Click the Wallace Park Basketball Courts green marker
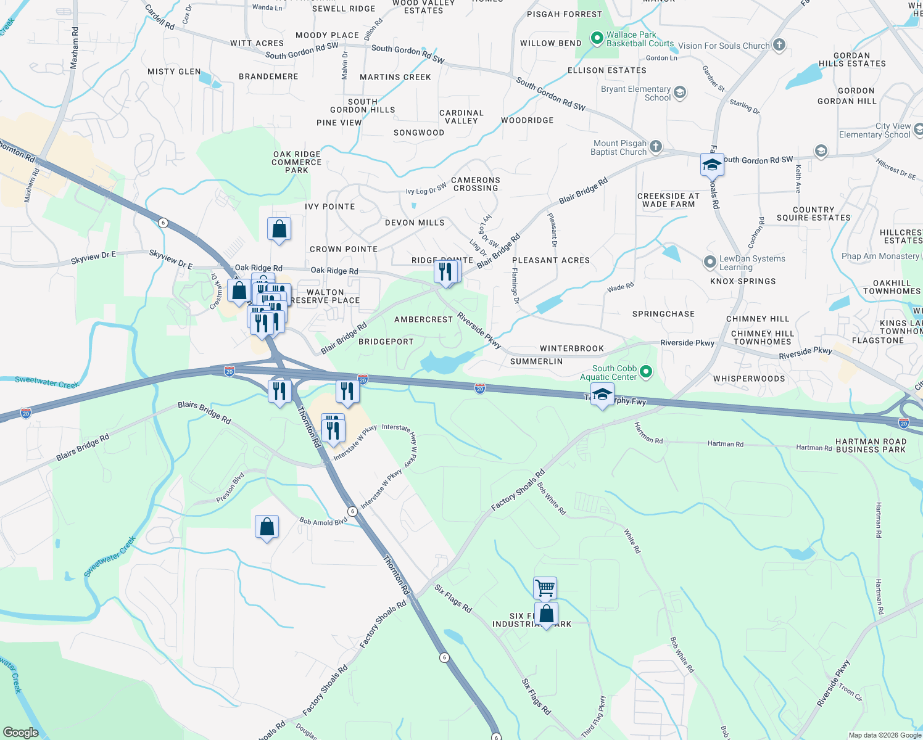(x=597, y=39)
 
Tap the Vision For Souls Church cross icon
(x=779, y=44)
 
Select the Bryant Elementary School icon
(x=680, y=92)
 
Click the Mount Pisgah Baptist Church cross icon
(x=656, y=146)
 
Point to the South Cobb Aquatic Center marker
(x=646, y=371)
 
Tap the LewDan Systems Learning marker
(x=710, y=262)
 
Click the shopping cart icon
(x=545, y=588)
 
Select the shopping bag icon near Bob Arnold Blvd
(x=267, y=527)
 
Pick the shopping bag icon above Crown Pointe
(x=279, y=229)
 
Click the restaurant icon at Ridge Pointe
(x=445, y=271)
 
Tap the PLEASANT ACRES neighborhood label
(x=551, y=260)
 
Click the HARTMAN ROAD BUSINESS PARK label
(x=871, y=445)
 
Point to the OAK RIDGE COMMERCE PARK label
(x=297, y=162)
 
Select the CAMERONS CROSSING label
(x=476, y=184)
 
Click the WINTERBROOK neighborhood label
(x=572, y=348)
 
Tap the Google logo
(x=20, y=732)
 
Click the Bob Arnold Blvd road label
(x=323, y=522)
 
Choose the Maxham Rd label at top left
(x=75, y=47)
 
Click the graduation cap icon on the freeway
(x=602, y=395)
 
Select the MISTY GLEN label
(x=174, y=72)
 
